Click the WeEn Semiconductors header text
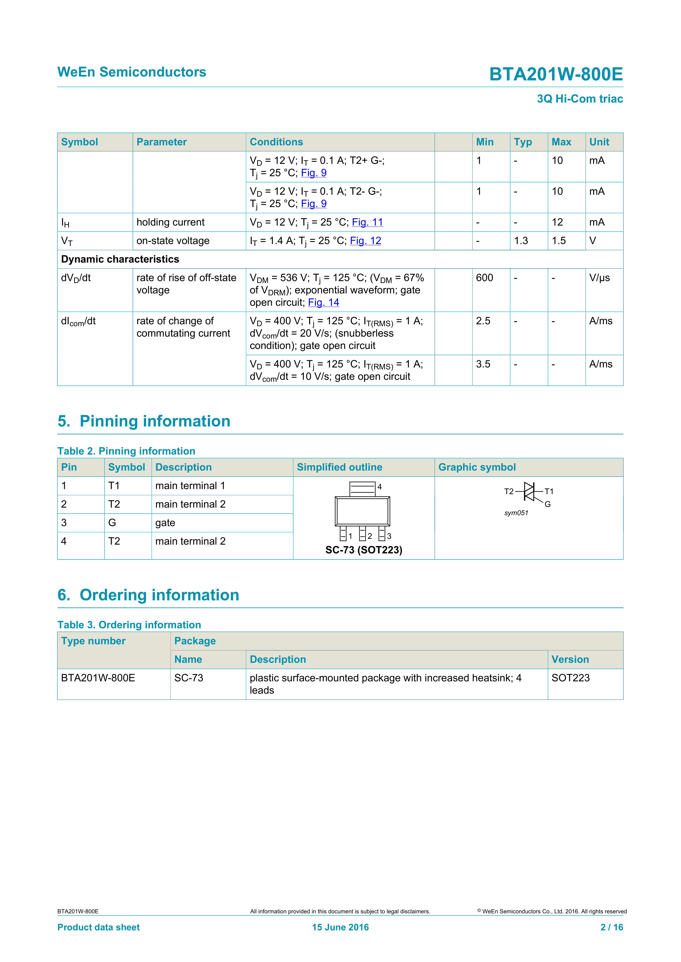pyautogui.click(x=132, y=72)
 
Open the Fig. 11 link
pyautogui.click(x=367, y=222)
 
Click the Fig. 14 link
pyautogui.click(x=323, y=302)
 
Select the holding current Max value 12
pyautogui.click(x=557, y=222)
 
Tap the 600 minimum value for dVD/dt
pyautogui.click(x=484, y=278)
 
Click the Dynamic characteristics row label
pyautogui.click(x=120, y=259)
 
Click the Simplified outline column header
pyautogui.click(x=339, y=467)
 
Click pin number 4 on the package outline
pyautogui.click(x=380, y=486)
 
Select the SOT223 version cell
pyautogui.click(x=570, y=678)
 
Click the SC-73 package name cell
pyautogui.click(x=189, y=678)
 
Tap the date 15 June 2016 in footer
pyautogui.click(x=340, y=927)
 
